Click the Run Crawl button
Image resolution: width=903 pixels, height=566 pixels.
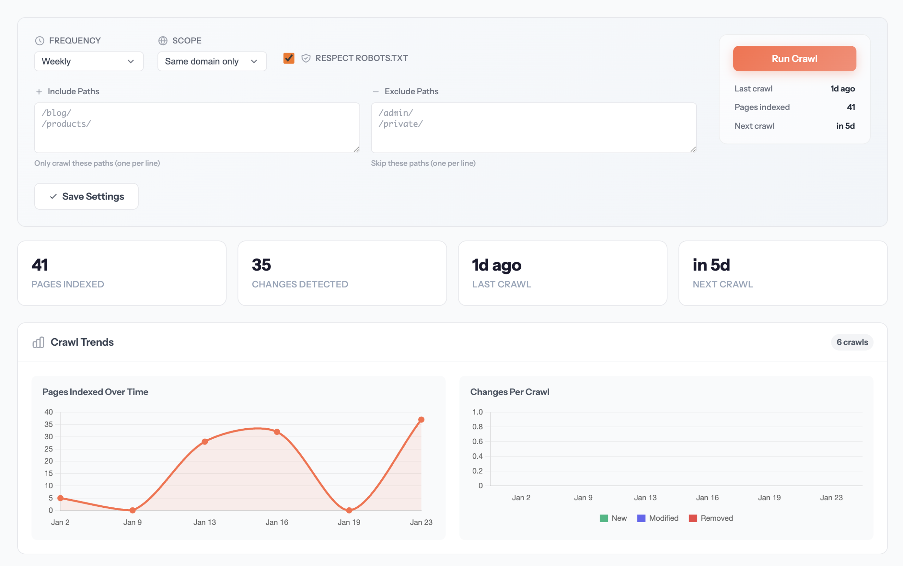pyautogui.click(x=794, y=59)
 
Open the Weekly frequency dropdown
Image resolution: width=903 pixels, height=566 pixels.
pyautogui.click(x=89, y=61)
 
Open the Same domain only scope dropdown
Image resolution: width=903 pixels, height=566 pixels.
pyautogui.click(x=212, y=61)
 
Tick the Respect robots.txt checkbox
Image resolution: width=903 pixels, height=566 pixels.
pyautogui.click(x=289, y=58)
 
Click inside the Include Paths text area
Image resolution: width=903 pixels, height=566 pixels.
pyautogui.click(x=197, y=128)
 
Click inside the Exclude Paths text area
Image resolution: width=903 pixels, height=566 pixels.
pyautogui.click(x=533, y=128)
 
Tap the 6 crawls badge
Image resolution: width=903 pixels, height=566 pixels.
pyautogui.click(x=852, y=342)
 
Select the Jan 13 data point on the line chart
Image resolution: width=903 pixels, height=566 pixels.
pyautogui.click(x=205, y=442)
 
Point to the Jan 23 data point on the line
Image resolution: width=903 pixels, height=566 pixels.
pyautogui.click(x=421, y=419)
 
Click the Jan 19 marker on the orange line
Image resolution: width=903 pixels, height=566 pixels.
pyautogui.click(x=349, y=510)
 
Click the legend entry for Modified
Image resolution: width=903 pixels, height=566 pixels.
pyautogui.click(x=658, y=518)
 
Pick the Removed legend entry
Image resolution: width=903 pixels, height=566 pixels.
pyautogui.click(x=711, y=518)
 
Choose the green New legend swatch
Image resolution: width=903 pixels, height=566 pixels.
pyautogui.click(x=604, y=518)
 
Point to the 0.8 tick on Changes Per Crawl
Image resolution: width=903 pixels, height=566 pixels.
pyautogui.click(x=477, y=427)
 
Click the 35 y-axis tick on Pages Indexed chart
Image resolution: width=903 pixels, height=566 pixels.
pyautogui.click(x=49, y=424)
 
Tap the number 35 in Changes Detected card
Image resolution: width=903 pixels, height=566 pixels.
pyautogui.click(x=261, y=265)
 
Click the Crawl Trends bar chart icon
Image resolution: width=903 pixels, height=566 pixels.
pyautogui.click(x=38, y=342)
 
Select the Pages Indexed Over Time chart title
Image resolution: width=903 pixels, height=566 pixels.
pyautogui.click(x=95, y=392)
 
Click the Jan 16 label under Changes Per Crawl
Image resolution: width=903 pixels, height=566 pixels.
pyautogui.click(x=707, y=498)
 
